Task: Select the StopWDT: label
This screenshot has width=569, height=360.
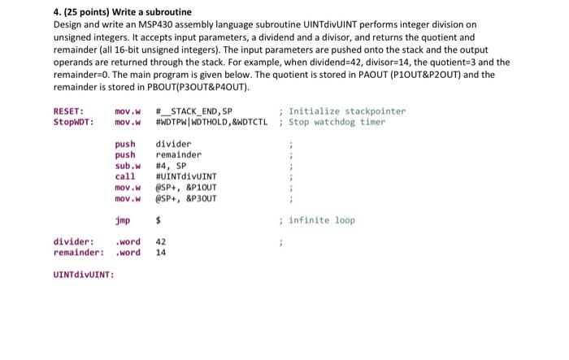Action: (73, 123)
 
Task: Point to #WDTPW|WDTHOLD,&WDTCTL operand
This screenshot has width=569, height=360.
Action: (211, 123)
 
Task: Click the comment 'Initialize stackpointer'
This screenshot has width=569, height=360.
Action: (346, 111)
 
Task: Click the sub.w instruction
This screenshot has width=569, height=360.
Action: (128, 165)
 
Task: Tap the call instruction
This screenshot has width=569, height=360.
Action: (125, 176)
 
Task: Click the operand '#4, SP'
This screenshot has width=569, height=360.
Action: (171, 165)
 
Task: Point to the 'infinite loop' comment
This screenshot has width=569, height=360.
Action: (322, 219)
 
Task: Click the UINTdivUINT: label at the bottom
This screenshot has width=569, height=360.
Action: (84, 274)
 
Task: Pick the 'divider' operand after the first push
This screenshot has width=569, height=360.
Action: (173, 144)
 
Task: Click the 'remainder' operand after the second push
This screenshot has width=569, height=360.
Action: (178, 154)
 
